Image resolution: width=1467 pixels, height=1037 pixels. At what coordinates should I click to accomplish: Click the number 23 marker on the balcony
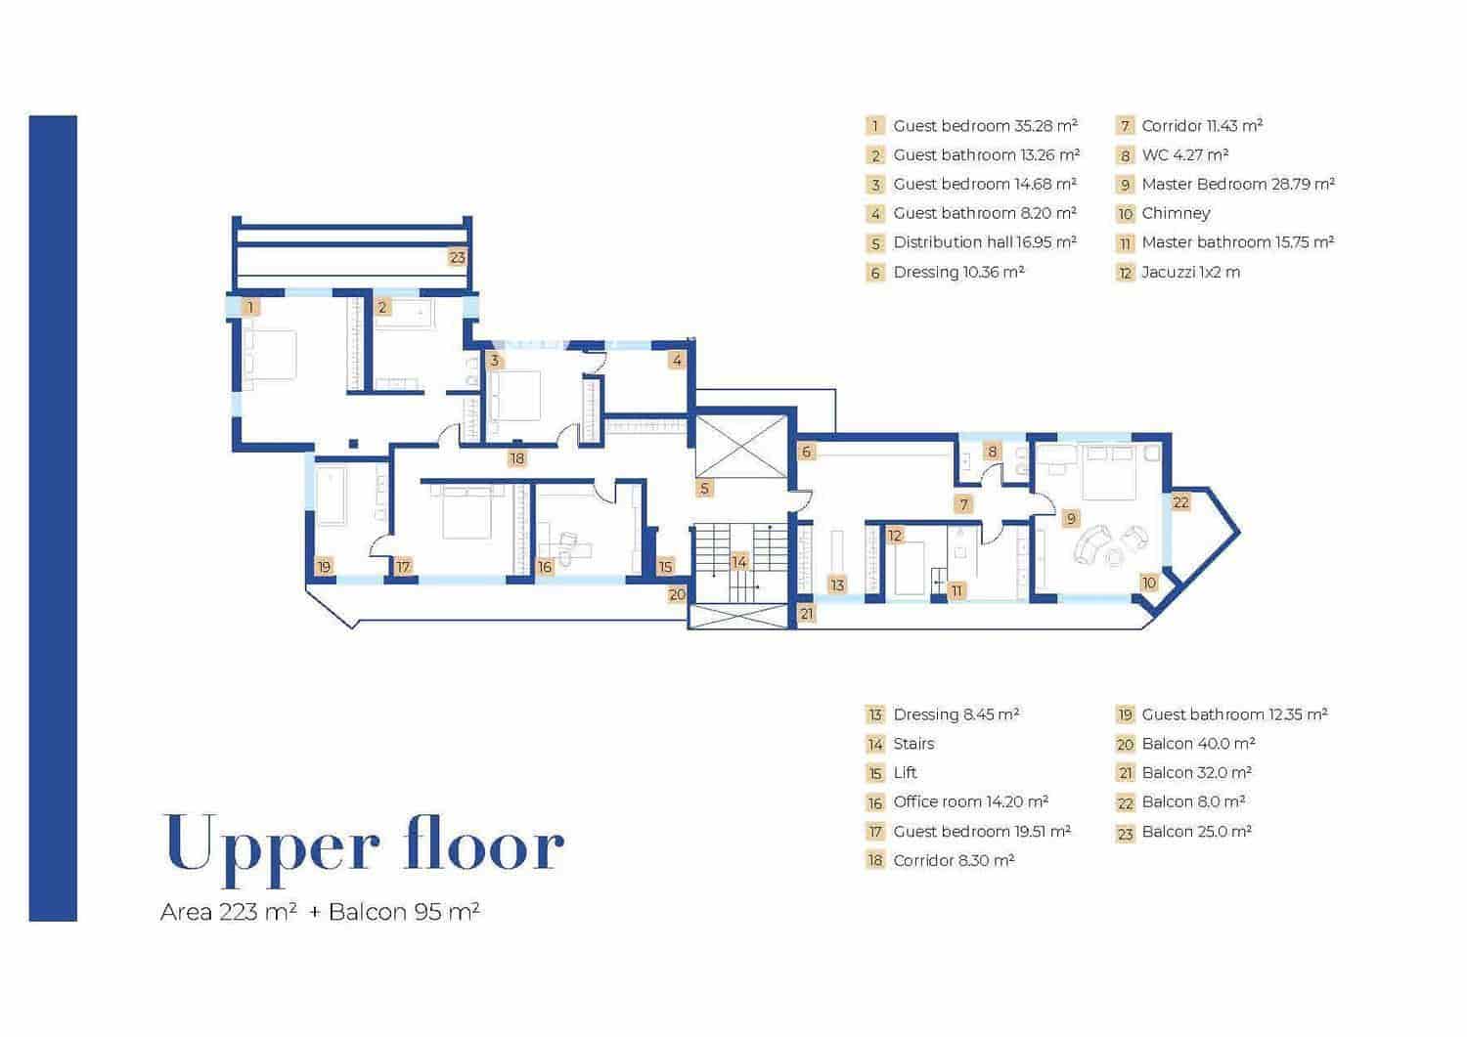tap(457, 257)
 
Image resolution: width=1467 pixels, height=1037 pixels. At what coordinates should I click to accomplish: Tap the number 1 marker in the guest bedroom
tap(250, 307)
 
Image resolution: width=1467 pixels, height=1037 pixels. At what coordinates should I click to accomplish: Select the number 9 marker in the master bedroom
tap(1070, 518)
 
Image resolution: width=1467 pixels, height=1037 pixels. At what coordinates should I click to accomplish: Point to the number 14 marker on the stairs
tap(738, 562)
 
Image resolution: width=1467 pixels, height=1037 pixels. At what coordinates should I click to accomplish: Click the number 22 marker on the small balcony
tap(1180, 502)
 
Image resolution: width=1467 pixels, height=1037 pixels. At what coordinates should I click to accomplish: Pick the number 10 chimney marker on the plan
tap(1149, 583)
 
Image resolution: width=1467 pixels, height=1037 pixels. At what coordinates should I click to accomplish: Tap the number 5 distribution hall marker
tap(704, 488)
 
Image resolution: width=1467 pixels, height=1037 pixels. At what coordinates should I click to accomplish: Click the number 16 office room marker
tap(545, 567)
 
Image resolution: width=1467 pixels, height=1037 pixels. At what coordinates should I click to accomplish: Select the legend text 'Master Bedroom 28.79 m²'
tap(1238, 184)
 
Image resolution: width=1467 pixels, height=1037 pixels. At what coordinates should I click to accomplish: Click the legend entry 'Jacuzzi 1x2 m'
tap(1190, 273)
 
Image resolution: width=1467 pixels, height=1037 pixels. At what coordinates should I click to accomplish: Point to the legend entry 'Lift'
tap(905, 773)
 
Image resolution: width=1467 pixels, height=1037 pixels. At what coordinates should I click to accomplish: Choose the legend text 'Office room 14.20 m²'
tap(970, 802)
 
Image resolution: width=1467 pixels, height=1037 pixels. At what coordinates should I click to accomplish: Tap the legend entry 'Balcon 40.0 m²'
tap(1198, 744)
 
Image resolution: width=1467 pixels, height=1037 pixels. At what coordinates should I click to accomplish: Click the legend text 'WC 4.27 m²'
tap(1184, 155)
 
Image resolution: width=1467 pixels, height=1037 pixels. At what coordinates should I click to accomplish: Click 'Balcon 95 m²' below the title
tap(404, 911)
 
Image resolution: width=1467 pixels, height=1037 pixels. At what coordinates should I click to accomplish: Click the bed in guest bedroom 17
tap(467, 512)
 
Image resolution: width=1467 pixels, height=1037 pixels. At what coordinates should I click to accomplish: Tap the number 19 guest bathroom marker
tap(324, 566)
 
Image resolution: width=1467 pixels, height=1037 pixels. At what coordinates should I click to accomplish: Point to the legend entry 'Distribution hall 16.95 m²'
tap(985, 243)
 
